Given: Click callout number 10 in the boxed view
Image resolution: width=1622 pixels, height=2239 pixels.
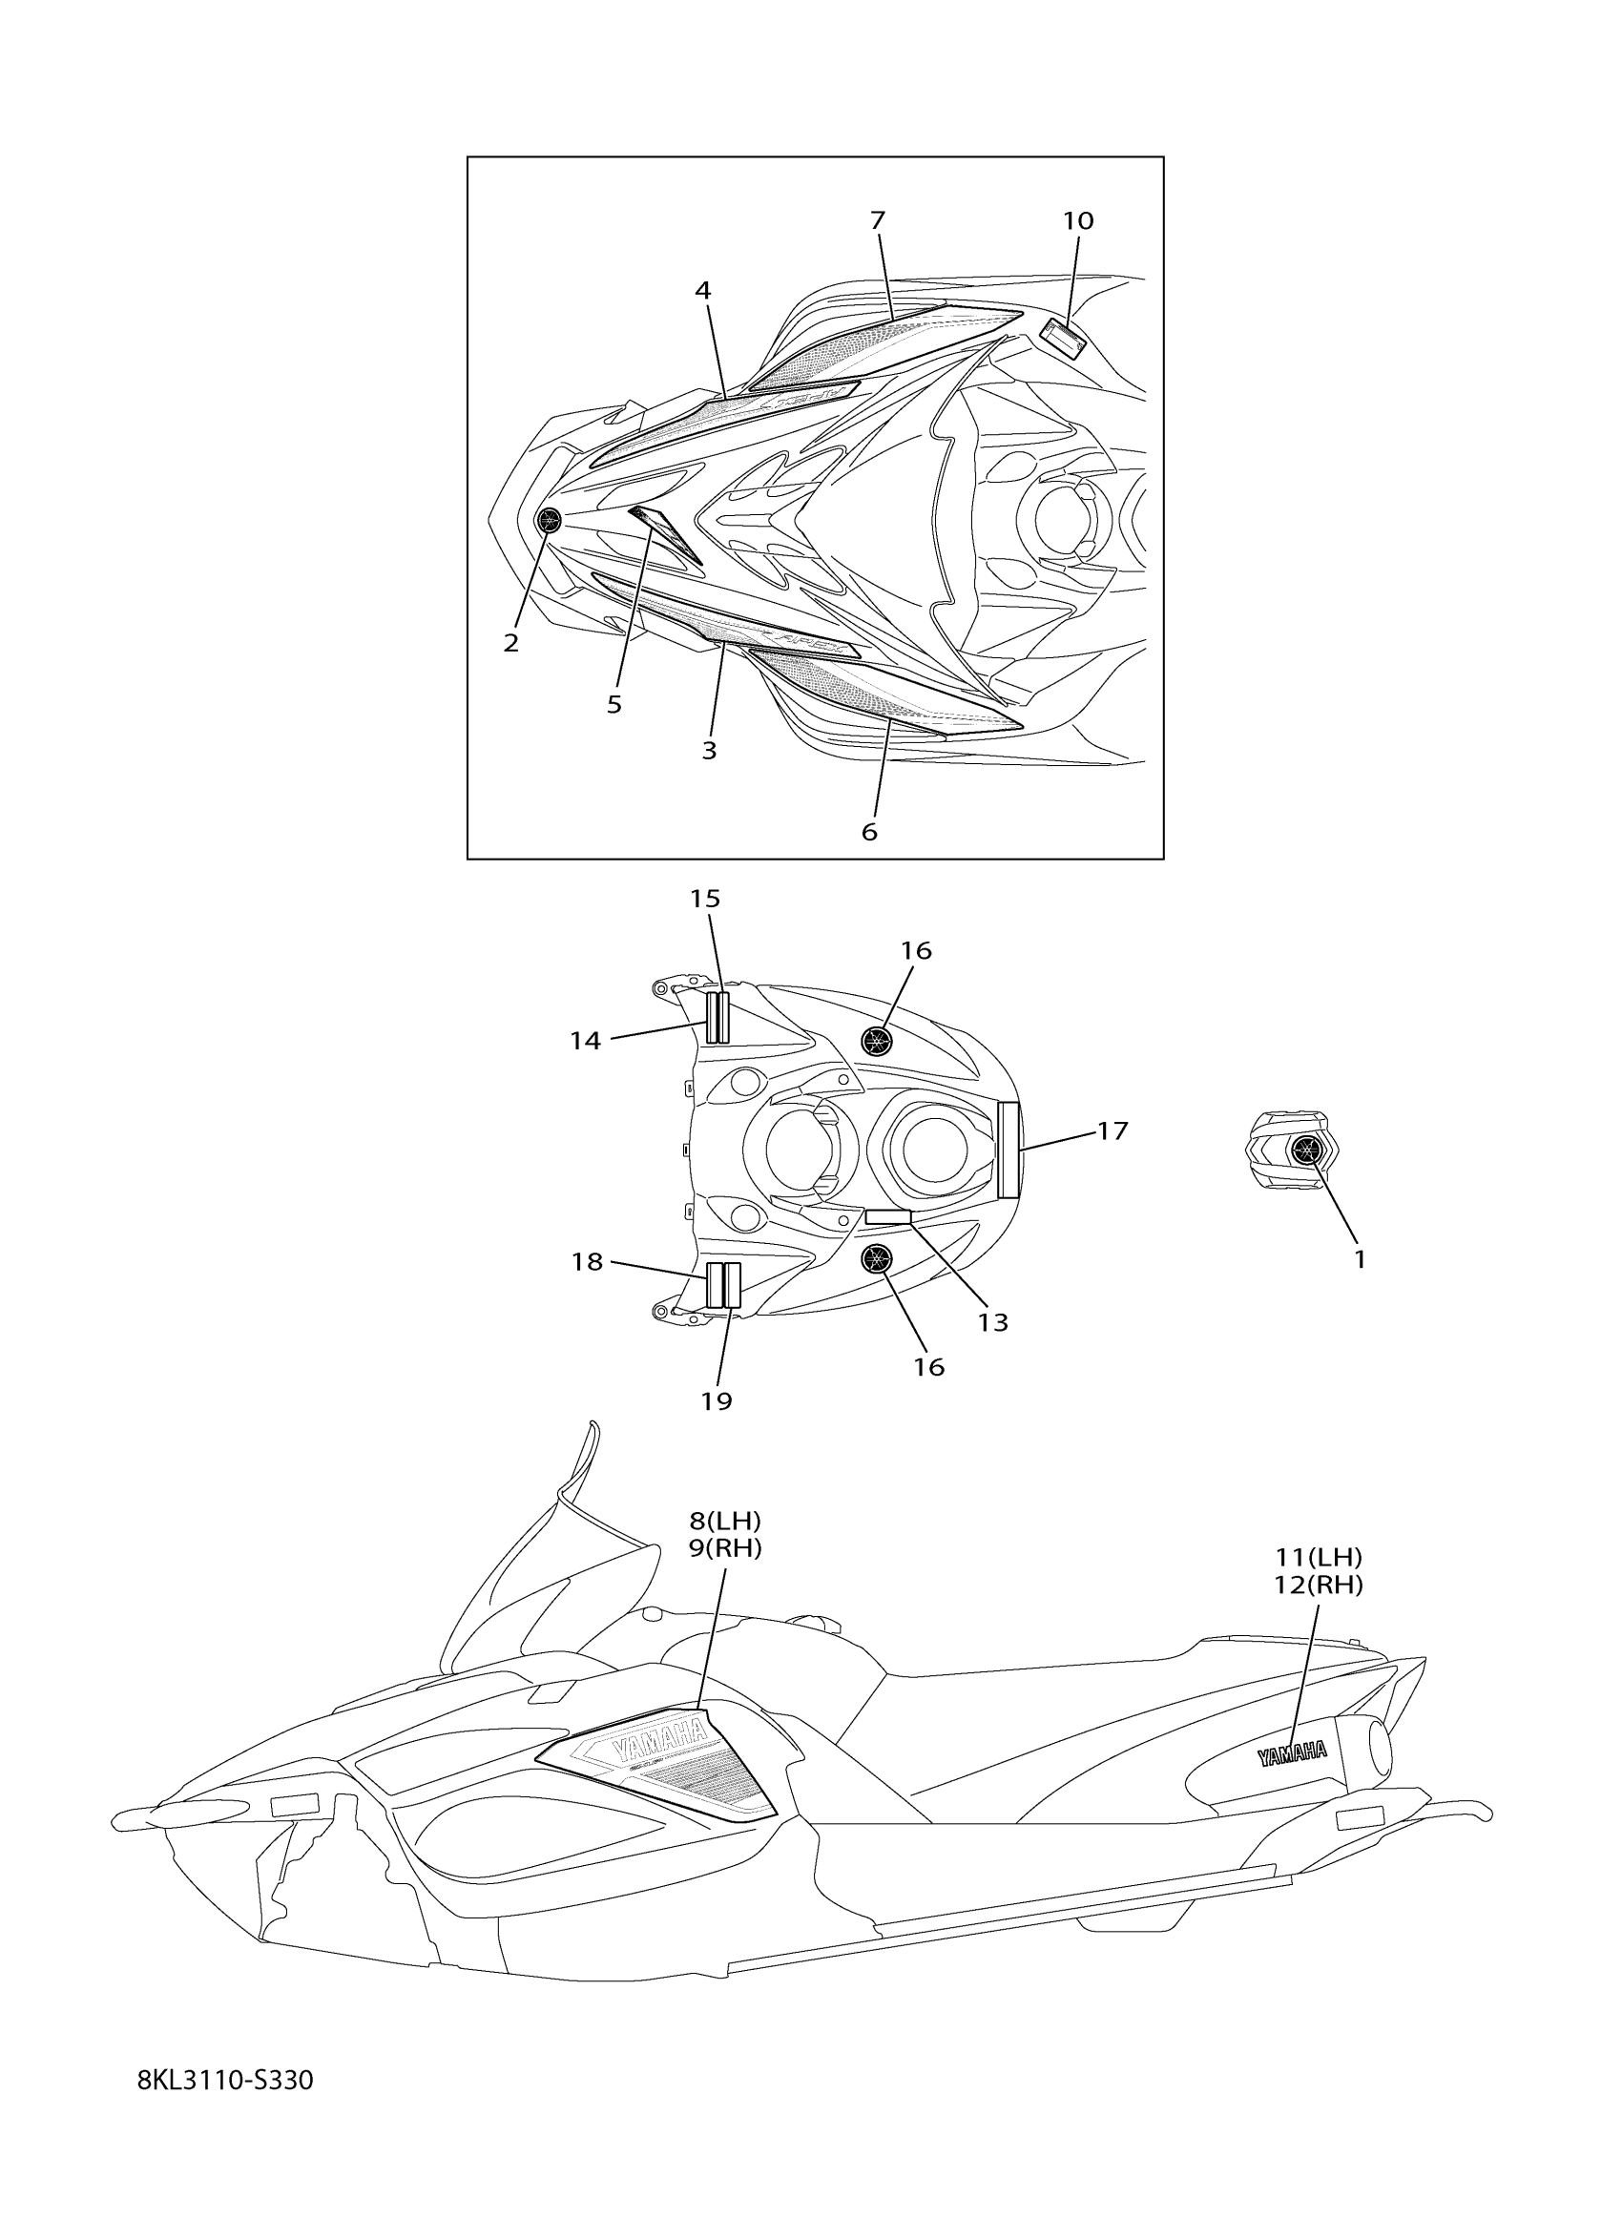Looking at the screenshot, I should [1078, 221].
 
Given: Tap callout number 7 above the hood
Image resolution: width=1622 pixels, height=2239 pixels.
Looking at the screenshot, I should [878, 220].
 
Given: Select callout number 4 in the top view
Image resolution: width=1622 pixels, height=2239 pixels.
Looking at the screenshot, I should [702, 290].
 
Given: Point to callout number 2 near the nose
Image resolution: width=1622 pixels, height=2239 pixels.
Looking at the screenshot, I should [510, 643].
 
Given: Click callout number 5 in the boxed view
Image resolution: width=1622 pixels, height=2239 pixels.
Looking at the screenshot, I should [614, 705].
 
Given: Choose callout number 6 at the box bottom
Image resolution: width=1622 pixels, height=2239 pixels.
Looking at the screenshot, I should [869, 832].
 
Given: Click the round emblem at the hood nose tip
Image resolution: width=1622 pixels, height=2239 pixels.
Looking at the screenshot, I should [547, 520].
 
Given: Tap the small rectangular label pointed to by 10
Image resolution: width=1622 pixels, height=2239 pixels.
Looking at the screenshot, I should [1063, 339].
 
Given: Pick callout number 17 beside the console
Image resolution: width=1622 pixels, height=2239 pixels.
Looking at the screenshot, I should [1112, 1131].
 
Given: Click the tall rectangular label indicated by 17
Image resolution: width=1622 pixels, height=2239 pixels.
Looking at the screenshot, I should [1008, 1150].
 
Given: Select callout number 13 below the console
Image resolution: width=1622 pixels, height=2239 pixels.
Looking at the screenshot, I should [993, 1323].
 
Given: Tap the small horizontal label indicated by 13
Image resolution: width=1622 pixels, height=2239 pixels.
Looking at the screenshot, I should [887, 1217].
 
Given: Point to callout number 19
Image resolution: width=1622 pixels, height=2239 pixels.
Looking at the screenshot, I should [717, 1400].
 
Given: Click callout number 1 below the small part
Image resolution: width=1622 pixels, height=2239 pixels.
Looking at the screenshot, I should [1360, 1259].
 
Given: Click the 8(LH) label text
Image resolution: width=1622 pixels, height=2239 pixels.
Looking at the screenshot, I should [725, 1522].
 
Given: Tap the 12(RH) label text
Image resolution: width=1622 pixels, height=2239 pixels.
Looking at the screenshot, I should [1319, 1586].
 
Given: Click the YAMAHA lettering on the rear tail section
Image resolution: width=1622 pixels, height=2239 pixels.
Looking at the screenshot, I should [1291, 1753].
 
